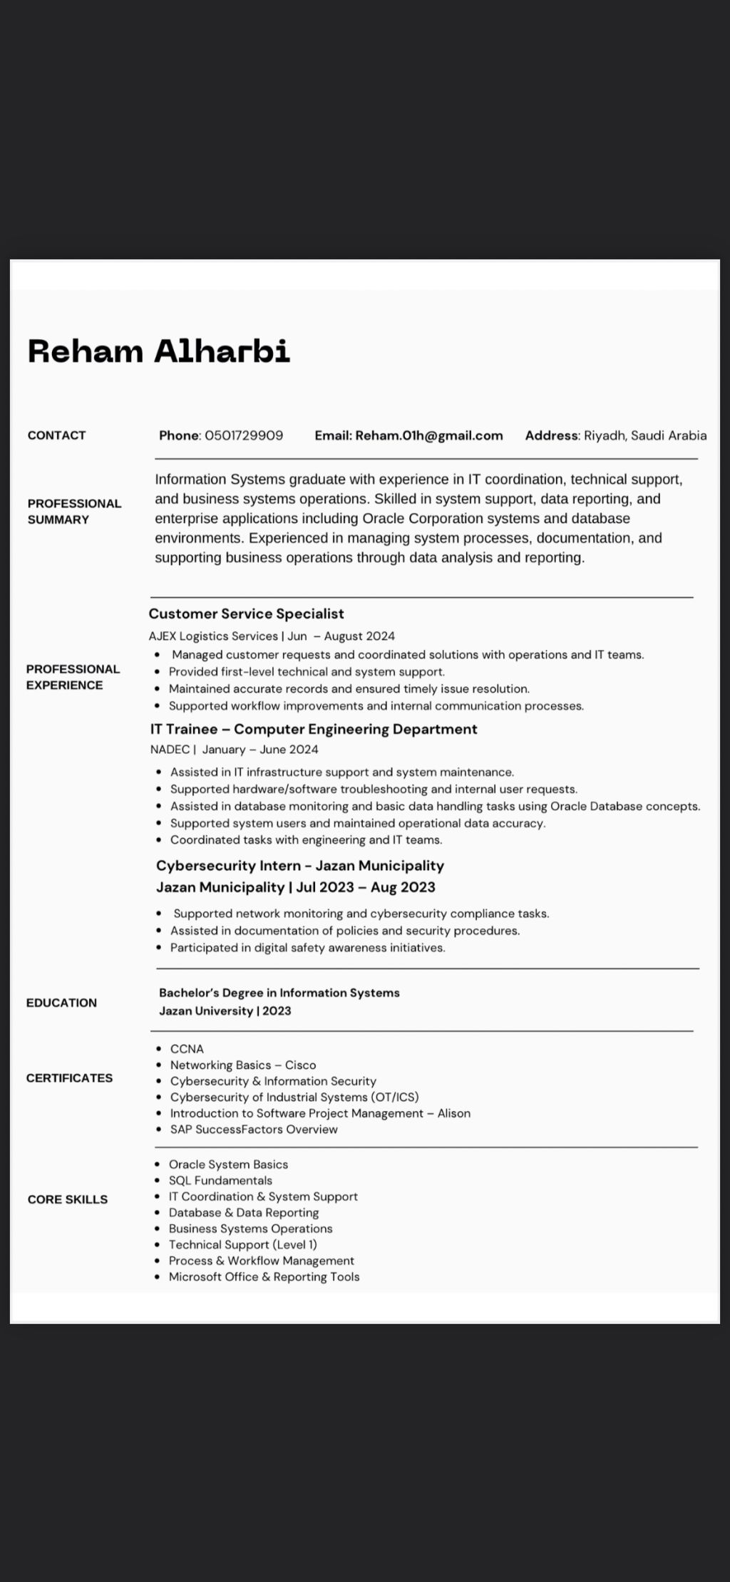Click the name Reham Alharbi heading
click(x=158, y=351)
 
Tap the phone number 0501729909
click(x=244, y=435)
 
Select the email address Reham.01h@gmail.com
click(x=428, y=435)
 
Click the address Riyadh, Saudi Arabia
click(x=645, y=435)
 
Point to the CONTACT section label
click(x=56, y=435)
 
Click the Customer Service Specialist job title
click(x=246, y=614)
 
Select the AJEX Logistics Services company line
click(x=213, y=636)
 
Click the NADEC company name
click(x=170, y=750)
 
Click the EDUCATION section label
click(x=61, y=1003)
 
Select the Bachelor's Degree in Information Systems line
click(x=279, y=993)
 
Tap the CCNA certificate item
click(x=187, y=1049)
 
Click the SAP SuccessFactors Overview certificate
click(x=254, y=1129)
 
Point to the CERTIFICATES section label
click(x=69, y=1078)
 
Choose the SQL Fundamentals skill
click(x=220, y=1181)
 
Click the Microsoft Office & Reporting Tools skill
click(x=264, y=1277)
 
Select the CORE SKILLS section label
click(x=68, y=1199)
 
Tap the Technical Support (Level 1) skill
click(x=242, y=1245)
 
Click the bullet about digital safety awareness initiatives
click(x=307, y=948)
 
